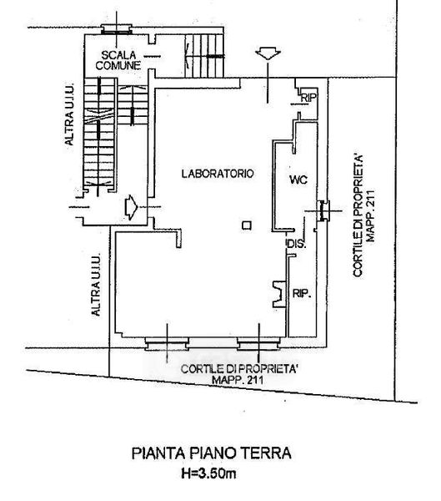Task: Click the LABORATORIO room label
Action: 218,174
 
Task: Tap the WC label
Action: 298,180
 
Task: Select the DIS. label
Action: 297,245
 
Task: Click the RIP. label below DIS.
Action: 302,293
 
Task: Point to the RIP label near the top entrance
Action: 308,98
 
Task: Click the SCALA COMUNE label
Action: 118,60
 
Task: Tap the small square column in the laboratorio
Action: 247,225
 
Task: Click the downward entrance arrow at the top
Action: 268,53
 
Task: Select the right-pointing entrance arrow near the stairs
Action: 131,207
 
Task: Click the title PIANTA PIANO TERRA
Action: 212,453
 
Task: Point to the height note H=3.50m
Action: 208,473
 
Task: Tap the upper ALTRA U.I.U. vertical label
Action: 69,114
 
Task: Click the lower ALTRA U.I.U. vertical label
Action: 96,285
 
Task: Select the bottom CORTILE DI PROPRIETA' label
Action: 239,369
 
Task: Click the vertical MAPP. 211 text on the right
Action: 370,216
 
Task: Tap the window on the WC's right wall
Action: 323,210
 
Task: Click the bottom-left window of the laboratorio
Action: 167,344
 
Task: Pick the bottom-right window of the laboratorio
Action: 259,344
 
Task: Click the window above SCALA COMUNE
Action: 117,29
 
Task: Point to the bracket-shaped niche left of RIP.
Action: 279,294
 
